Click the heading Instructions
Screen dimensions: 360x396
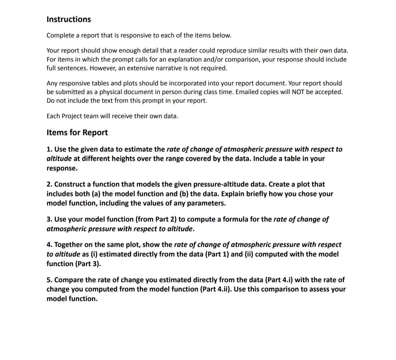[x=68, y=19]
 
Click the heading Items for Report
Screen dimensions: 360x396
[x=77, y=132]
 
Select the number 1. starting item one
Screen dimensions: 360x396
[x=49, y=149]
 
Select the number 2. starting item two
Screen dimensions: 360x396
[x=49, y=184]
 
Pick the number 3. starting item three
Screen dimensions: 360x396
[x=49, y=219]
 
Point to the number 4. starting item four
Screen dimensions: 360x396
[x=49, y=245]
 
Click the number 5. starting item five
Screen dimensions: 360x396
[x=49, y=280]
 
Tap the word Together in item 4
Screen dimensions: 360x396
[x=68, y=245]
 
